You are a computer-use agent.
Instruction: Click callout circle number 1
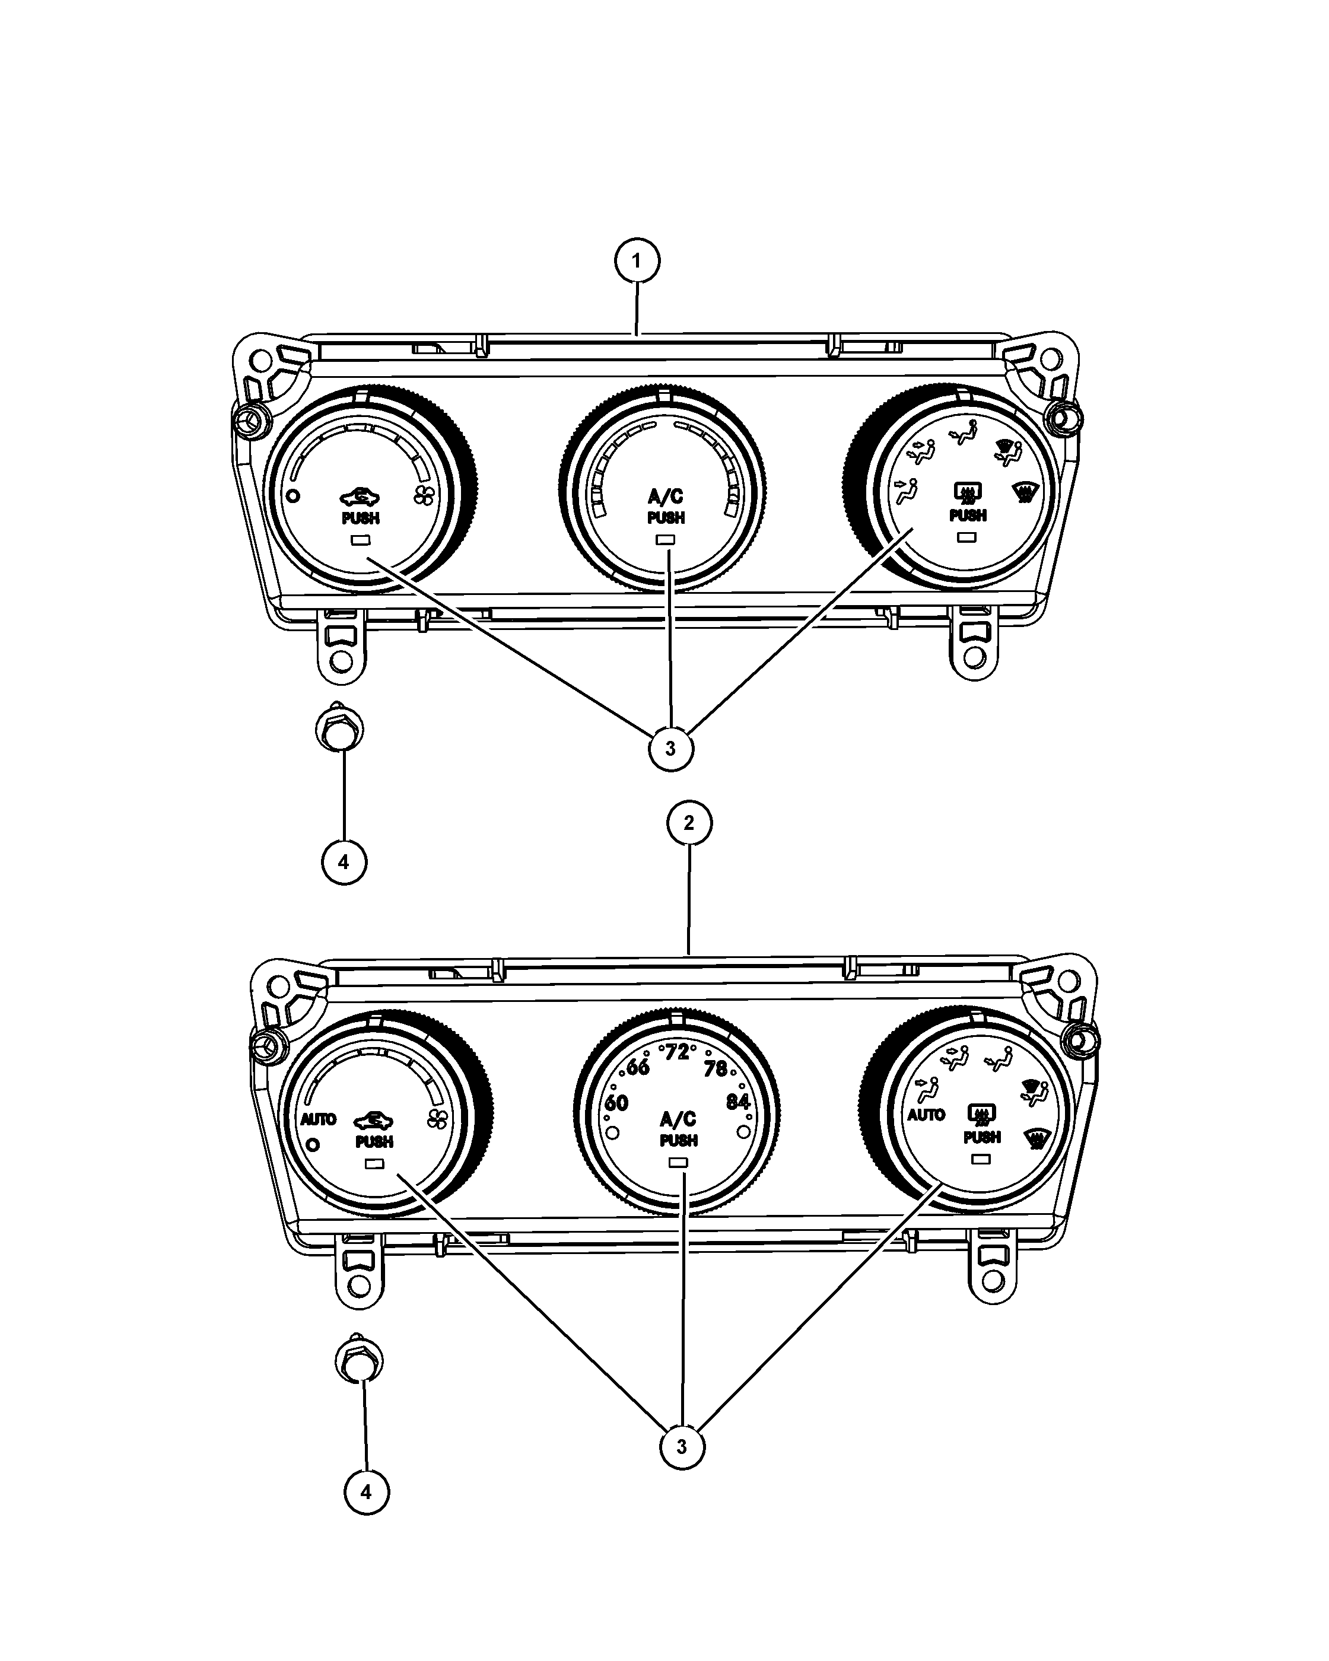pos(637,261)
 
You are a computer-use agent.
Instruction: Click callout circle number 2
pos(689,823)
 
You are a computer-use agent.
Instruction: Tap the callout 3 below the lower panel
pos(682,1446)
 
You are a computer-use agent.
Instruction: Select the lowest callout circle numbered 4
pos(366,1493)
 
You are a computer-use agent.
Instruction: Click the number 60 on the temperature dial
pos(616,1103)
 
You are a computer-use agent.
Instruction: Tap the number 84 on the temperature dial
pos(738,1102)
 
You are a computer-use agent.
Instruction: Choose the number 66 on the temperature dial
pos(638,1067)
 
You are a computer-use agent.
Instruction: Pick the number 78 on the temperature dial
pos(716,1068)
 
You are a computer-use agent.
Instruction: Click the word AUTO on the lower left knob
pos(318,1119)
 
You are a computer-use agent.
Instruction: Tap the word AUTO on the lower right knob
pos(926,1115)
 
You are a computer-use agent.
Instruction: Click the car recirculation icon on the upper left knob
pos(360,498)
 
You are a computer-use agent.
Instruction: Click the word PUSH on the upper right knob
pos(968,516)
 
